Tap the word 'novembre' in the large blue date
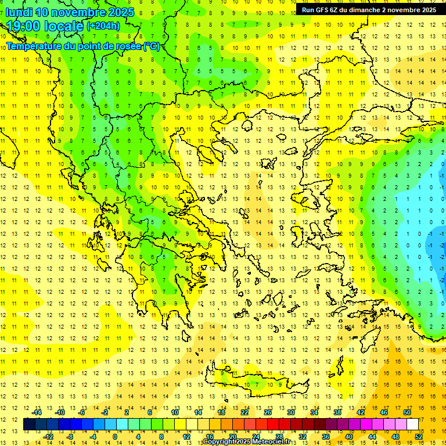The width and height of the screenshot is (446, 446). [77, 12]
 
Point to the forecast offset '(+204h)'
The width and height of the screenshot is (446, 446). [103, 26]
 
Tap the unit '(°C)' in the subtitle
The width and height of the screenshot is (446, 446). [151, 46]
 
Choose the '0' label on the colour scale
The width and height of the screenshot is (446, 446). [115, 437]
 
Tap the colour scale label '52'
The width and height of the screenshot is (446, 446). [419, 437]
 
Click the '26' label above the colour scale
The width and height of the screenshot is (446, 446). [268, 412]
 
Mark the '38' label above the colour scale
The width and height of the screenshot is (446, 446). [337, 412]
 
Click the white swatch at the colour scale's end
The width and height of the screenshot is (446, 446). [413, 425]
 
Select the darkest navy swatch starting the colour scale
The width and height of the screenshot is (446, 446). [30, 425]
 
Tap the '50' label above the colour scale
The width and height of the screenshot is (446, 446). [407, 412]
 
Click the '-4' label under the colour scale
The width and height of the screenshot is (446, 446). [93, 437]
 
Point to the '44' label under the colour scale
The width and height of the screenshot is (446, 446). [372, 437]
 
